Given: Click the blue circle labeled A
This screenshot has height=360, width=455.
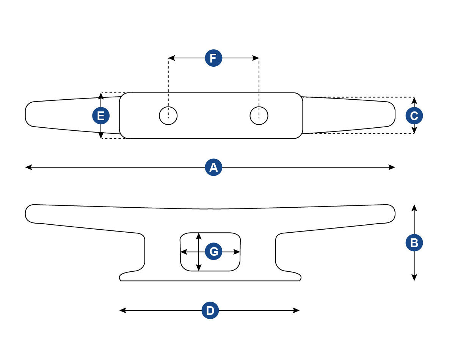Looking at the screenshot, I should (x=213, y=167).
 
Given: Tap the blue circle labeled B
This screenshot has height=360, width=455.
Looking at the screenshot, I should (x=414, y=243).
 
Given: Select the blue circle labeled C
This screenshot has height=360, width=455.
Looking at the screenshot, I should (x=414, y=116).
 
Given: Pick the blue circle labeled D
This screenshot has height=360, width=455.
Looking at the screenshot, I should (x=210, y=311).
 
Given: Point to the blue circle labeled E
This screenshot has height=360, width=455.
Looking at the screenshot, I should (x=101, y=116).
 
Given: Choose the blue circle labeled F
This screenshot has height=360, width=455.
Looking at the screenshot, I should (x=213, y=58).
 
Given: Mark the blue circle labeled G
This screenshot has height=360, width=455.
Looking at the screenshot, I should (x=213, y=252).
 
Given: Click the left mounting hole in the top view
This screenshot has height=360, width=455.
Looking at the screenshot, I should (x=168, y=116).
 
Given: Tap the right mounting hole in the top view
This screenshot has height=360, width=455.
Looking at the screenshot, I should (x=259, y=116).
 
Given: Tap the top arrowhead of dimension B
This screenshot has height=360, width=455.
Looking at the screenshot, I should (x=414, y=207).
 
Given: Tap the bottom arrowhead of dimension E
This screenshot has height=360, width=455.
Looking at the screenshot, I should (x=101, y=136).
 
